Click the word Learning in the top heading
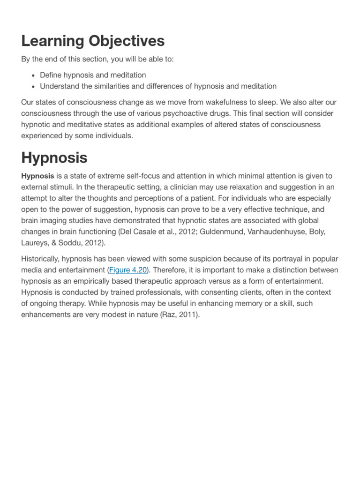tap(50, 41)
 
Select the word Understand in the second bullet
tap(59, 86)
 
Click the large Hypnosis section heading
tap(54, 157)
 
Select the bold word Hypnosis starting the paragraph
tap(37, 176)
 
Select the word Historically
tap(43, 259)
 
